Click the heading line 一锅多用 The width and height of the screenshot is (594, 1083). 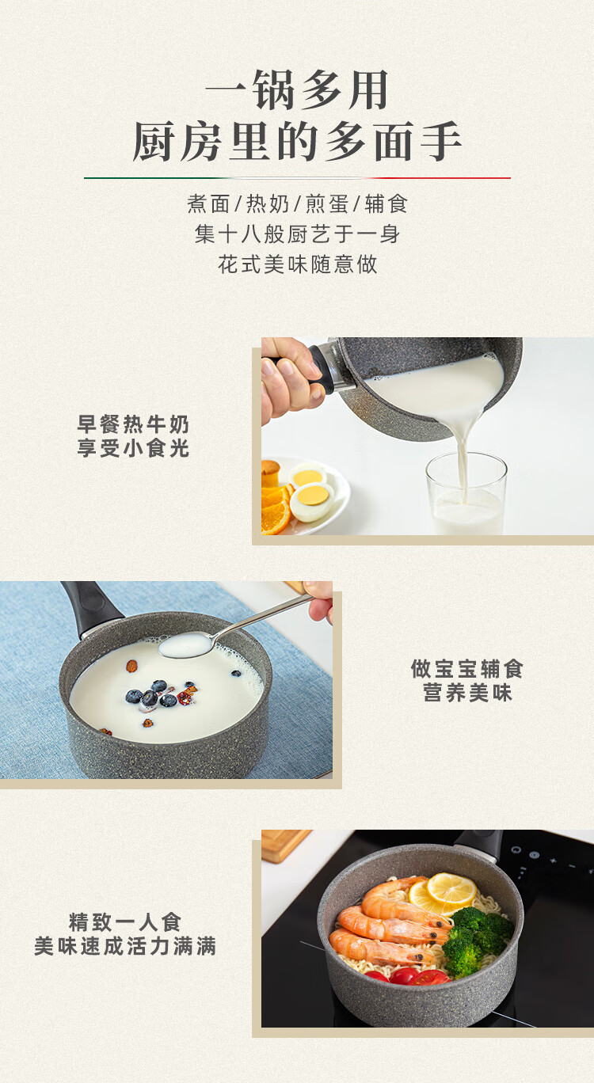[296, 89]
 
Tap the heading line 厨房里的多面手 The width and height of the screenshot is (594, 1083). [297, 141]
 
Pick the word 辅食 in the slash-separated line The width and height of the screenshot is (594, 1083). [386, 203]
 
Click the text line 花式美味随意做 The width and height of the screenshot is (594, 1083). [297, 264]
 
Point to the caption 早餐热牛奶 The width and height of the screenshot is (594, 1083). [133, 424]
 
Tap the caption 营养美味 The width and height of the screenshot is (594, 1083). [467, 693]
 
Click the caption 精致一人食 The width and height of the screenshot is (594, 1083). [125, 922]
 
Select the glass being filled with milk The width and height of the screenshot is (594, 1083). [466, 493]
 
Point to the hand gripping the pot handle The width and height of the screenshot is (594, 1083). [290, 379]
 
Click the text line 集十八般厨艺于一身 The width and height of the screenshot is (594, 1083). [297, 234]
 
